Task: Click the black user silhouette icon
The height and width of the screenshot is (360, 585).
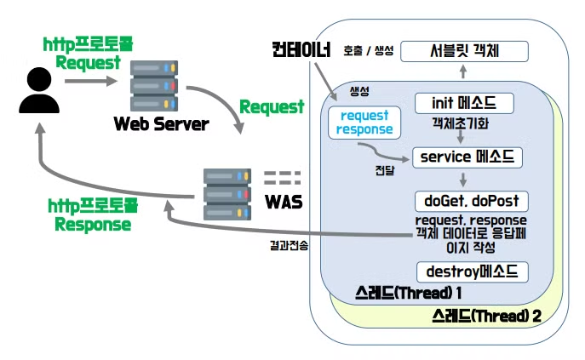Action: pos(34,91)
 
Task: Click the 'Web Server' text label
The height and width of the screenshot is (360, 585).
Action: pos(161,124)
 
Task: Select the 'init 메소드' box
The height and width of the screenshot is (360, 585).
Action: pos(464,103)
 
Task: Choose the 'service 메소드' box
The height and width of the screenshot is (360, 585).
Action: pos(467,157)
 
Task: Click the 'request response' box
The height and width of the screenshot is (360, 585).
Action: pos(364,122)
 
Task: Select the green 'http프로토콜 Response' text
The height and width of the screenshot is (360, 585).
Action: pos(92,216)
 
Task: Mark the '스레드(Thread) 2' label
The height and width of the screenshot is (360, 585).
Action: pos(486,317)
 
